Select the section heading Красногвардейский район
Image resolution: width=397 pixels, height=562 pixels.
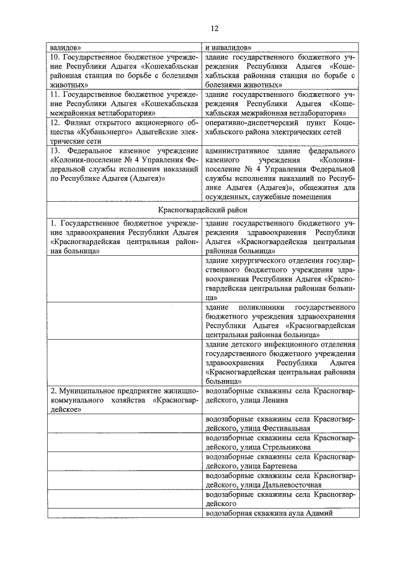click(198, 211)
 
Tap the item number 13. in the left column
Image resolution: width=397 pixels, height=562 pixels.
click(56, 151)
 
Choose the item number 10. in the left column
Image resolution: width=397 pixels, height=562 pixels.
click(56, 57)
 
